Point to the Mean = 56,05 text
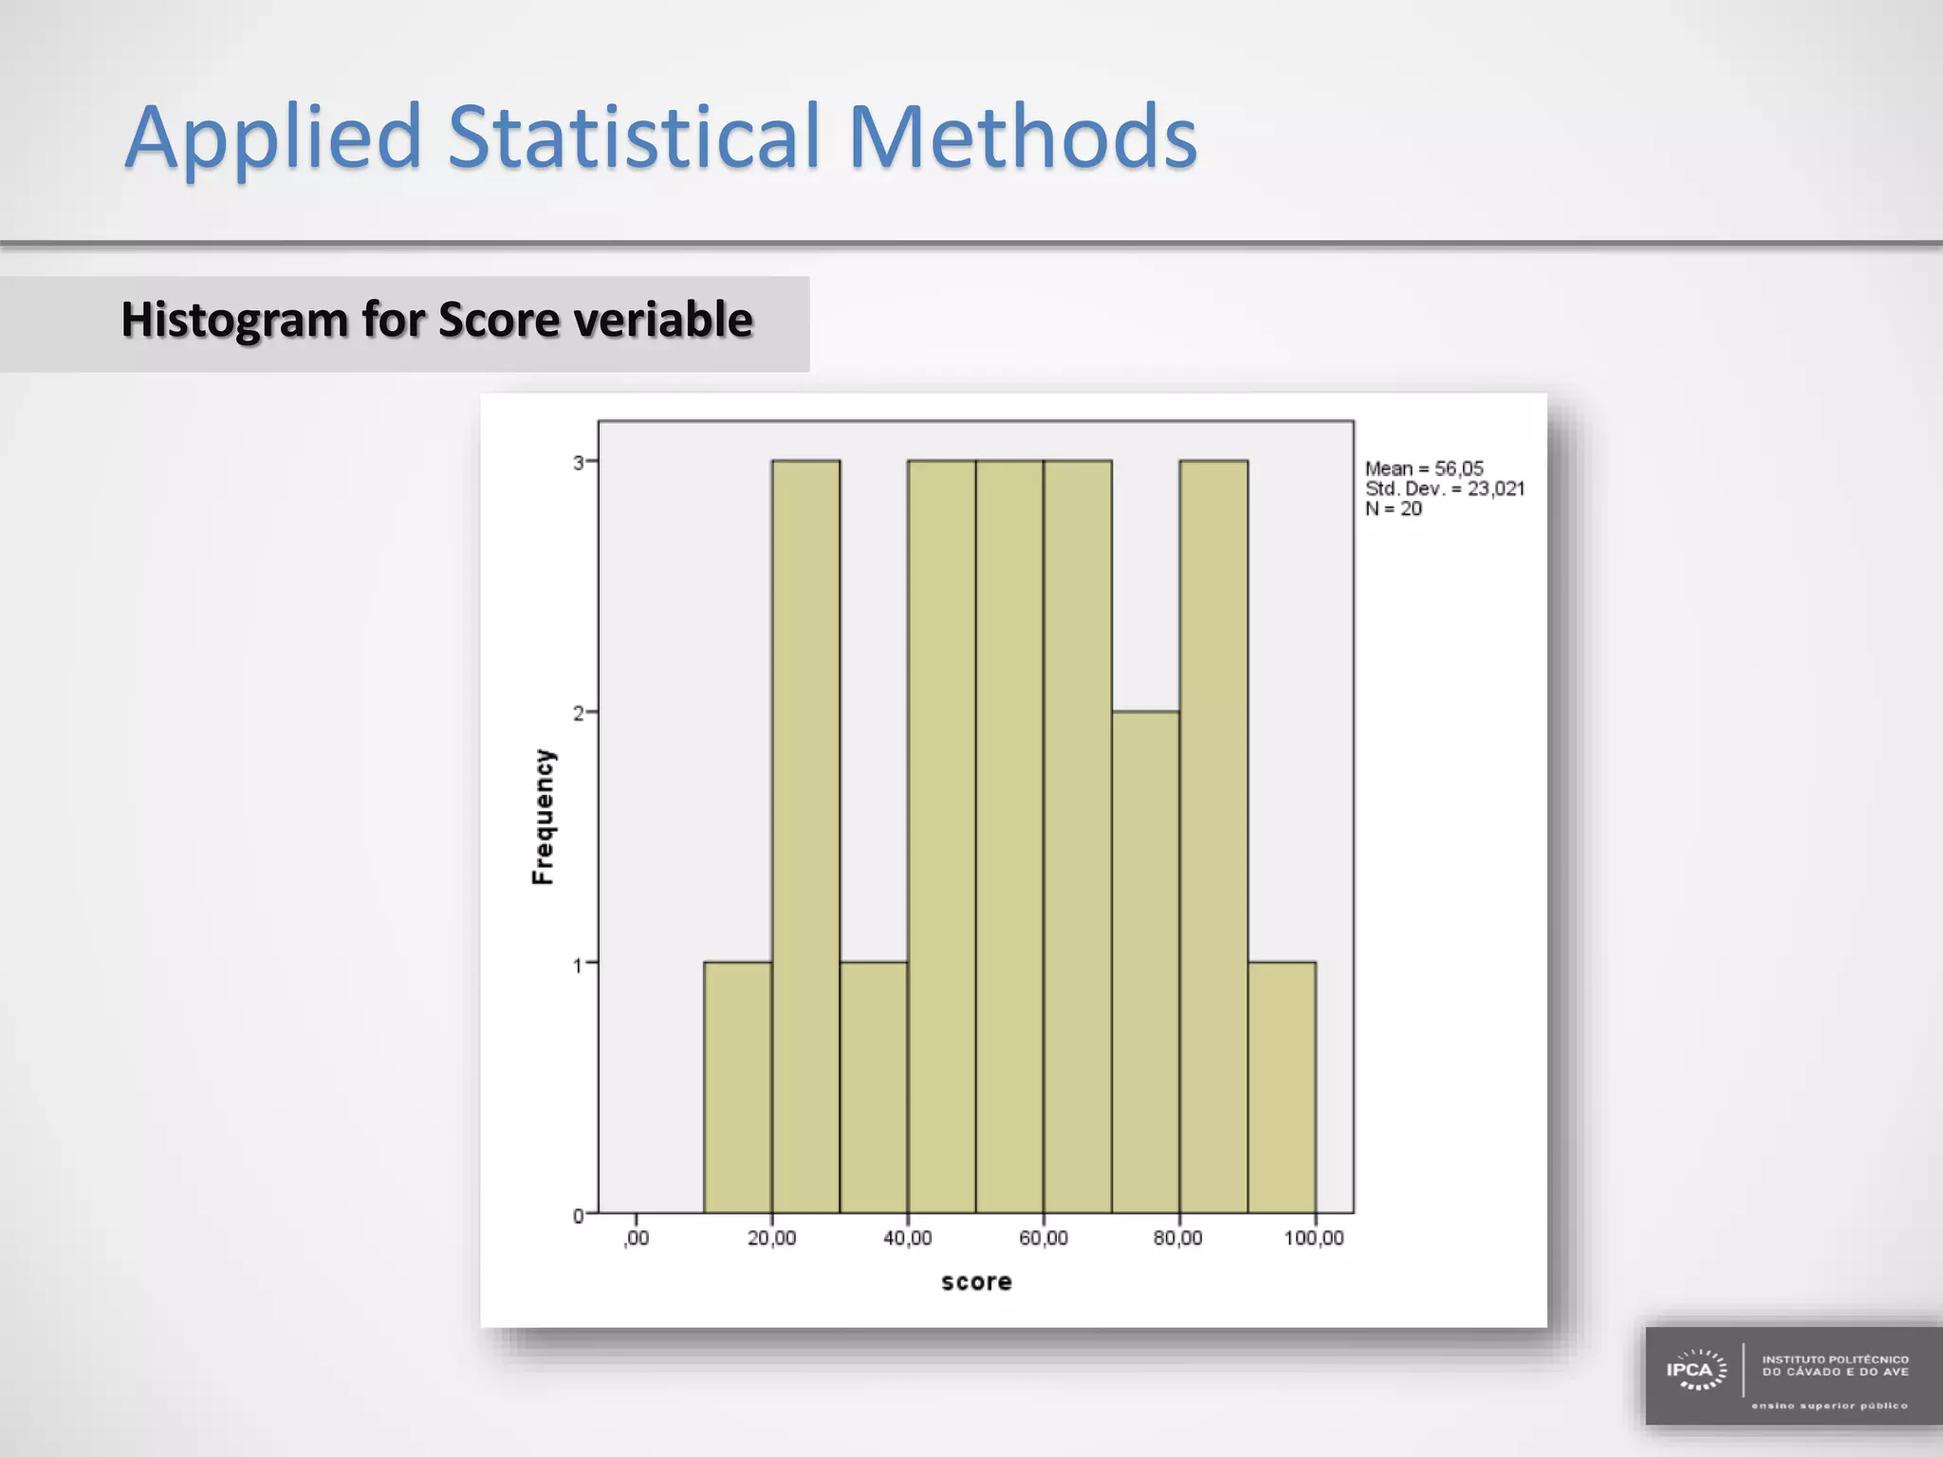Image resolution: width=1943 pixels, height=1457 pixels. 1423,469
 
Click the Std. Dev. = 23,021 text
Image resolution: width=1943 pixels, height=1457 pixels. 1444,489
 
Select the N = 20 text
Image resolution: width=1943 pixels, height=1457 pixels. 1393,509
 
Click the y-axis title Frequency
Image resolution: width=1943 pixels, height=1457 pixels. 543,817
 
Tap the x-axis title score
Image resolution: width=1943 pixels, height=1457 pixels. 976,1282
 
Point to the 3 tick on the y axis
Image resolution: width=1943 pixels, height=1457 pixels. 578,463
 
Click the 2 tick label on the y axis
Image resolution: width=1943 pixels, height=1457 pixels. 578,713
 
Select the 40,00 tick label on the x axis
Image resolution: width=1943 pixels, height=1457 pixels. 907,1239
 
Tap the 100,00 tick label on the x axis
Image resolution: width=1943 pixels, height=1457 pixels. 1313,1239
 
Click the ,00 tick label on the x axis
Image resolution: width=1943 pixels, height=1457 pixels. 637,1239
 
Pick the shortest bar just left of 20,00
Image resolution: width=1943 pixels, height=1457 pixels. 737,1087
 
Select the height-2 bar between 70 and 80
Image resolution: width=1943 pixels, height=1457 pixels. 1145,962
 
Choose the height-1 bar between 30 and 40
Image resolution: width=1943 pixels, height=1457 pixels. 873,1087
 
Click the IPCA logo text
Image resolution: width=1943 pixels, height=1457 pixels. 1690,1370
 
